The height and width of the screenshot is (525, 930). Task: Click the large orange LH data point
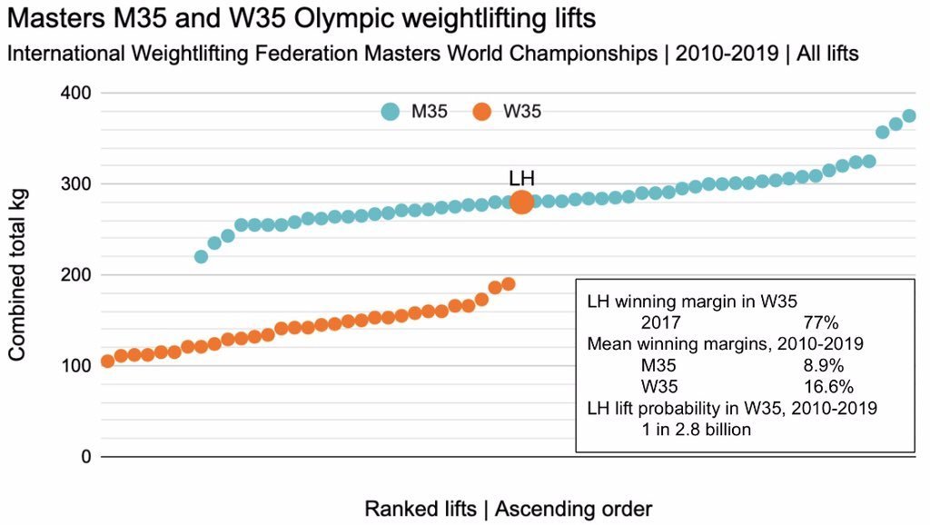pos(521,203)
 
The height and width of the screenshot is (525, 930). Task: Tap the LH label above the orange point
pos(521,178)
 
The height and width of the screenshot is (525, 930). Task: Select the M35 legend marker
pos(391,112)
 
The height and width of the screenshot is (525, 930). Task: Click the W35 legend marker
pos(481,112)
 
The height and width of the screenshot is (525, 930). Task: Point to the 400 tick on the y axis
pos(76,94)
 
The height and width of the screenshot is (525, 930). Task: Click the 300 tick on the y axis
pos(76,184)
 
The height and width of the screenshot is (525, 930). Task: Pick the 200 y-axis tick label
pos(76,275)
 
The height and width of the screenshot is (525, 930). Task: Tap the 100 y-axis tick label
pos(76,366)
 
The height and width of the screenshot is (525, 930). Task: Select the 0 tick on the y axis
pos(85,457)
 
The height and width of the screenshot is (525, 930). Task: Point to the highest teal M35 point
pos(909,116)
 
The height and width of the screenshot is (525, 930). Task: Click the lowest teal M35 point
pos(202,257)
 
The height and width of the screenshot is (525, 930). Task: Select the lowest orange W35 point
pos(107,362)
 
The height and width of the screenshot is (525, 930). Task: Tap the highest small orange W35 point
pos(509,284)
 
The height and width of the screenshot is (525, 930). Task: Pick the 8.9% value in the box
pos(824,365)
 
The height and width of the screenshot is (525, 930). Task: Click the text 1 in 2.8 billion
pos(696,430)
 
